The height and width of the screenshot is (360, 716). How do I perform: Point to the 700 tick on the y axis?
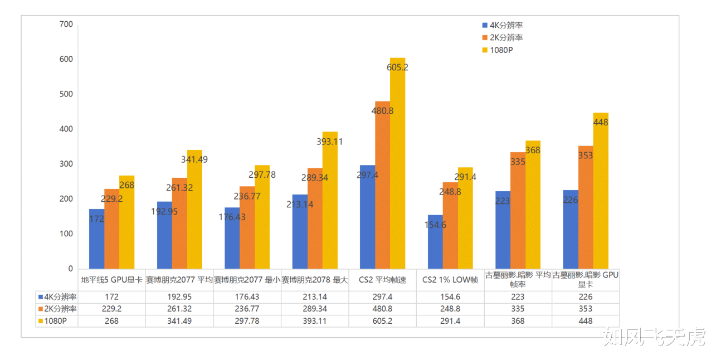pos(66,24)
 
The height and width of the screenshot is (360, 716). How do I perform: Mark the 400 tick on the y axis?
pos(66,129)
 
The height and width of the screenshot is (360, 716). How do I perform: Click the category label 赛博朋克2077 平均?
pos(179,280)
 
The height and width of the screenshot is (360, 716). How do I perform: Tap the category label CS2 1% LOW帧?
pos(450,280)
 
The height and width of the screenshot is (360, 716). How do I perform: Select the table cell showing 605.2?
pos(382,321)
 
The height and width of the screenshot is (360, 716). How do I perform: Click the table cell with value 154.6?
pos(450,297)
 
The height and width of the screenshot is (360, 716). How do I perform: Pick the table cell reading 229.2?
pos(111,309)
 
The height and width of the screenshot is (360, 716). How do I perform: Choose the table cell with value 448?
pos(585,321)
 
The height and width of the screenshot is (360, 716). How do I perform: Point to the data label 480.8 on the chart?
pos(382,111)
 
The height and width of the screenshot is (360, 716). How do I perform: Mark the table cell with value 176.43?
pos(247,297)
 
